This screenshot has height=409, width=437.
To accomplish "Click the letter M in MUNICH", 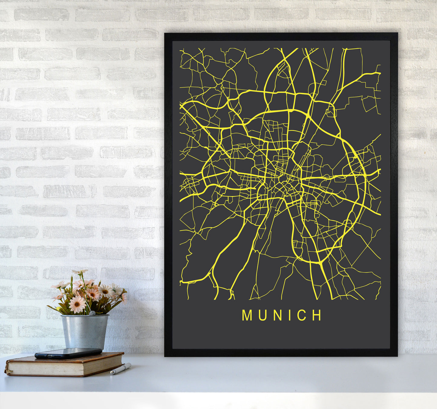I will click(247, 315).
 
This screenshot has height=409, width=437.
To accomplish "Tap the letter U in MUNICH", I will click(263, 315).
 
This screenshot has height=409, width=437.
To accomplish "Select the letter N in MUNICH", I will click(279, 315).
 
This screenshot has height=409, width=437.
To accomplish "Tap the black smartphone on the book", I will click(68, 353).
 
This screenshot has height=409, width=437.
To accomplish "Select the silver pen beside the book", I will click(120, 369).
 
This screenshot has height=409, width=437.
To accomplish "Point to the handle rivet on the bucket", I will click(90, 314).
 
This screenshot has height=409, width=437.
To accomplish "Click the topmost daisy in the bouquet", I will click(79, 272).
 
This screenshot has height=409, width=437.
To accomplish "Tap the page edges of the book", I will click(64, 366).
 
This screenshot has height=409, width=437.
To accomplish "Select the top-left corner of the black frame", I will click(165, 34).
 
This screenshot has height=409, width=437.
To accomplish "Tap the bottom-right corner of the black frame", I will click(397, 356).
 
